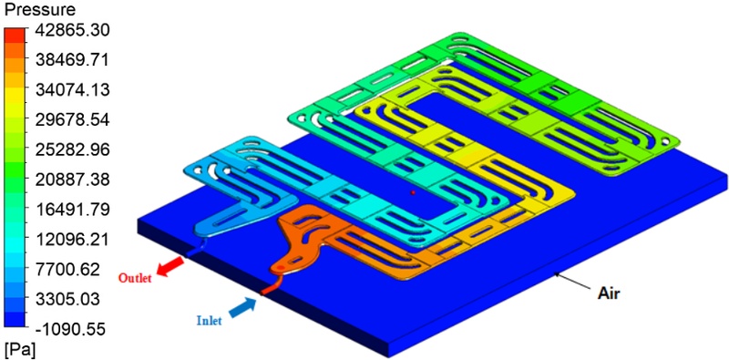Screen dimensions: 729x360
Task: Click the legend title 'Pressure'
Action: tap(39, 10)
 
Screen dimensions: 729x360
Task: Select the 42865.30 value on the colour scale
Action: tap(71, 31)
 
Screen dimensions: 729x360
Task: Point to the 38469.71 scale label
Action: tap(71, 60)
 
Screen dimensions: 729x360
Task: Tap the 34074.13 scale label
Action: tap(71, 90)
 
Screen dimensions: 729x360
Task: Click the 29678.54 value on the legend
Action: tap(71, 120)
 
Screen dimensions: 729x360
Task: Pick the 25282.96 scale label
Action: tap(71, 149)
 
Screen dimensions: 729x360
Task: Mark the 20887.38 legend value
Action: tap(71, 180)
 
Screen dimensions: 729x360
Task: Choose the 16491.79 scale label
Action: tap(71, 210)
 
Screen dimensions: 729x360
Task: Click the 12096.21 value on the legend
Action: tap(71, 240)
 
